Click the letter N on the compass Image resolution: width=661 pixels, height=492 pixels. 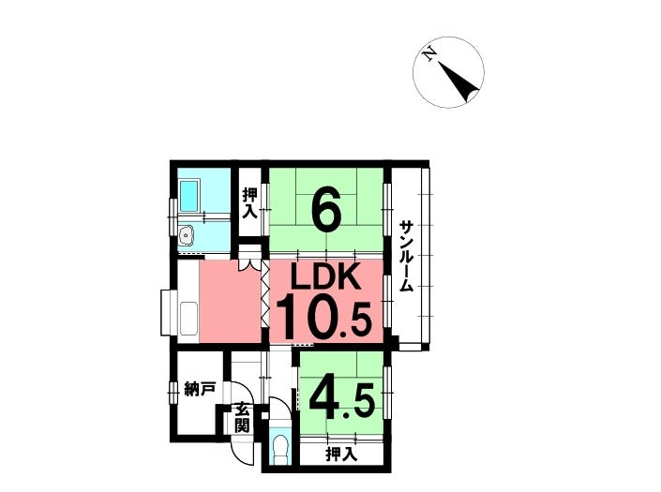pos(429,53)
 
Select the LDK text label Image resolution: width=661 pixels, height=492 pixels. pos(326,276)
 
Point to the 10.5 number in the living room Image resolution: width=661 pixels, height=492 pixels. pos(323,317)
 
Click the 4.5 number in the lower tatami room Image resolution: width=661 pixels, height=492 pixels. pos(342,398)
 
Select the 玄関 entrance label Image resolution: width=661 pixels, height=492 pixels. pos(242,417)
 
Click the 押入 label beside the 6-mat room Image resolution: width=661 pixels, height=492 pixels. pos(249,203)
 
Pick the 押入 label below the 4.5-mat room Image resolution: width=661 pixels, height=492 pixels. pos(341,455)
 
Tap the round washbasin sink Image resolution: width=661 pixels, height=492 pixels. pos(186,235)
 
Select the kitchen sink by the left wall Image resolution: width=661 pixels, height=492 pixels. pos(188,318)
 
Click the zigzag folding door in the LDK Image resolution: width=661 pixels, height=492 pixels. pos(265,293)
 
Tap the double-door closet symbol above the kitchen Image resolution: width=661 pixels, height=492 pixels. pos(249,260)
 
